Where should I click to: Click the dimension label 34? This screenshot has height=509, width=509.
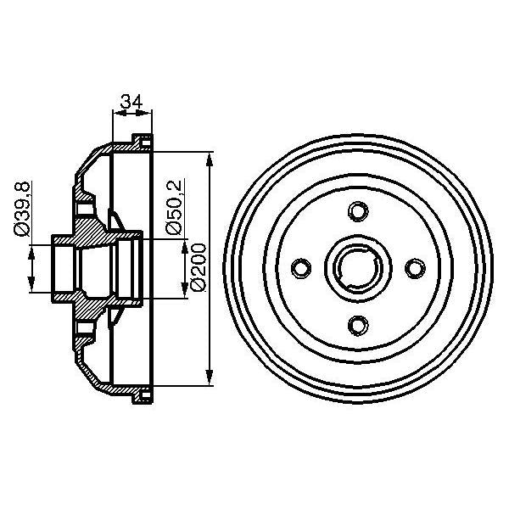(131, 102)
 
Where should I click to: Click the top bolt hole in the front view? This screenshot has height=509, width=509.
(358, 210)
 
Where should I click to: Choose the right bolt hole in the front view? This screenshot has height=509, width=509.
(415, 268)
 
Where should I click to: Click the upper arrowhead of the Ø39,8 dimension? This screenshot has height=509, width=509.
(33, 249)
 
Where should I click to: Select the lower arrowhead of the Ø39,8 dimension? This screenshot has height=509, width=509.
(33, 286)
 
